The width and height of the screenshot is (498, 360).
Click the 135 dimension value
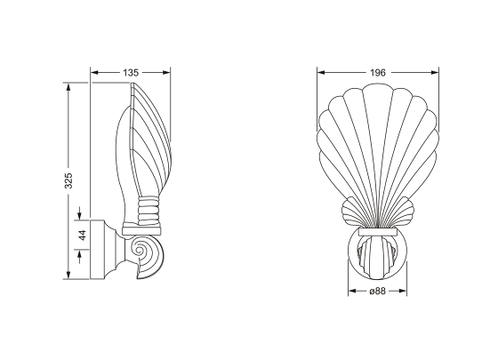tap(131, 73)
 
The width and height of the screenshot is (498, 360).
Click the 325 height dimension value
tap(68, 180)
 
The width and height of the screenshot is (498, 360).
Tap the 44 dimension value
tap(82, 236)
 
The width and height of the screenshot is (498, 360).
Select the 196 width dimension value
tap(378, 73)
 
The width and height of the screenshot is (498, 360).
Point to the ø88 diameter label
tap(377, 291)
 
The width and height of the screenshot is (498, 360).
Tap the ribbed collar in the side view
tap(149, 211)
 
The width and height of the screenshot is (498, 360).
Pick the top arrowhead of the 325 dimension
tap(68, 88)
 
